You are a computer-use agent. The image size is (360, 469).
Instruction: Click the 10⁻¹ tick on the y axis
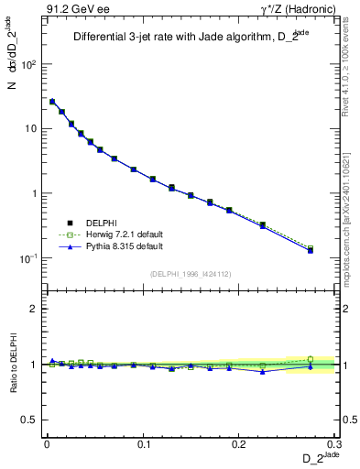pyautogui.click(x=30, y=258)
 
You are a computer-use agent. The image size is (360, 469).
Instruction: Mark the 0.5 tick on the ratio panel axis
pyautogui.click(x=30, y=420)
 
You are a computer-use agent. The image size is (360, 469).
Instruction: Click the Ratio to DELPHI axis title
pyautogui.click(x=14, y=364)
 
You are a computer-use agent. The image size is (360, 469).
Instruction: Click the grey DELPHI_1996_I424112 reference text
pyautogui.click(x=190, y=273)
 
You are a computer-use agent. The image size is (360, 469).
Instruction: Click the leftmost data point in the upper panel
pyautogui.click(x=52, y=102)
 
